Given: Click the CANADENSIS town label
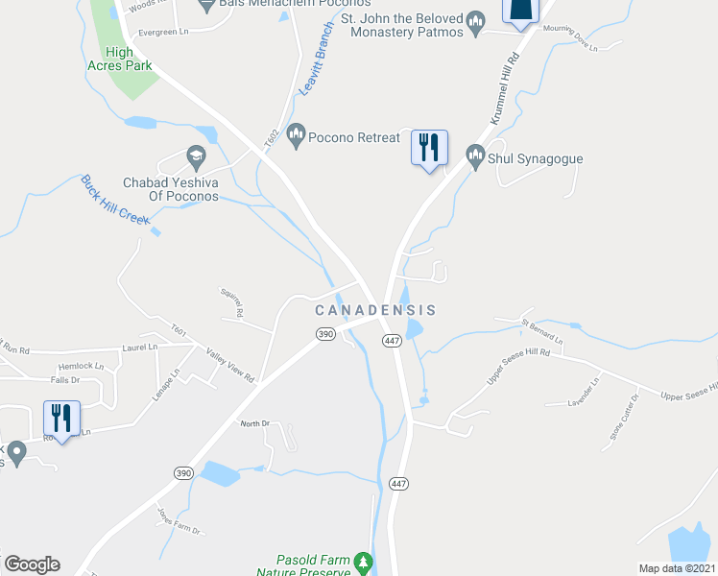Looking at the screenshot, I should [x=376, y=310].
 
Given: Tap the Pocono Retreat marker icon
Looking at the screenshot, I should [x=296, y=136].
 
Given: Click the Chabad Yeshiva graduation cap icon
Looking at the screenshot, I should [x=196, y=156].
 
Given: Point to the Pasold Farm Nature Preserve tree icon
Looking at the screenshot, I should [x=363, y=561].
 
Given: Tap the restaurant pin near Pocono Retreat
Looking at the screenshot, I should [x=430, y=148].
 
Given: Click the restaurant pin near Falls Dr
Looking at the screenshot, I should [x=62, y=419].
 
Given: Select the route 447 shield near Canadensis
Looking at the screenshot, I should [x=391, y=341].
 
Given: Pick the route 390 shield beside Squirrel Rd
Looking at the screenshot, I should [x=324, y=333].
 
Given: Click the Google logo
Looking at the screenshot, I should [x=32, y=564].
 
